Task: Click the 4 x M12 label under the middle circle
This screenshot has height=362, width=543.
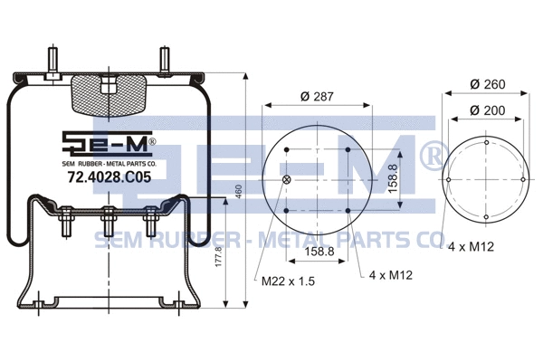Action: (391, 276)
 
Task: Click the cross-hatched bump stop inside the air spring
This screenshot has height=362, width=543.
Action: (107, 94)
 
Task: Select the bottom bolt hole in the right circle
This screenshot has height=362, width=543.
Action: (487, 217)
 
